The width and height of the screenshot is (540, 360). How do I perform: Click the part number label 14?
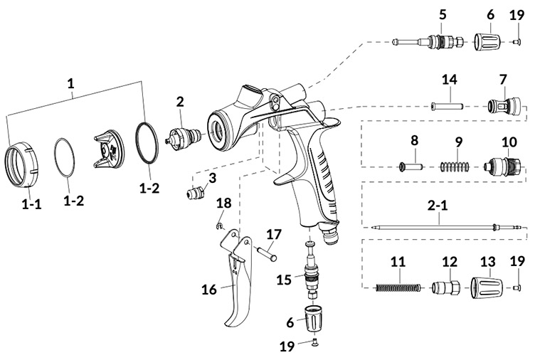[x=450, y=80]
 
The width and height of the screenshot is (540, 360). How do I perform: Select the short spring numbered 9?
[x=455, y=166]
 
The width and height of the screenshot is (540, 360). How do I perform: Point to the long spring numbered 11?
[x=398, y=287]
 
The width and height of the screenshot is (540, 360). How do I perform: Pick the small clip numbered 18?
[x=220, y=226]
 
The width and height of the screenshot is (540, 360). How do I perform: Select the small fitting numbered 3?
[x=196, y=194]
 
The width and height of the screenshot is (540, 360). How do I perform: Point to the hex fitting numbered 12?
[x=445, y=287]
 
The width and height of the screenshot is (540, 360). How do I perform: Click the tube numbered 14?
[x=447, y=106]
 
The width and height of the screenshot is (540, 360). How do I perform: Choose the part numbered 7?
[x=504, y=106]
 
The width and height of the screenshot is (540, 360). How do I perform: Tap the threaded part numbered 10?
[x=502, y=166]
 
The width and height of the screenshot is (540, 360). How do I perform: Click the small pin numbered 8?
[x=411, y=166]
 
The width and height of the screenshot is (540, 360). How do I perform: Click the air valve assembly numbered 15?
[x=310, y=270]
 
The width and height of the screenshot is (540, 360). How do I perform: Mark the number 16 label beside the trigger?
[x=209, y=290]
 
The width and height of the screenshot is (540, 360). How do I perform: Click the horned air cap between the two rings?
[x=108, y=149]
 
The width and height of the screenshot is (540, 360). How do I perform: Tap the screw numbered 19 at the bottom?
[x=315, y=342]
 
